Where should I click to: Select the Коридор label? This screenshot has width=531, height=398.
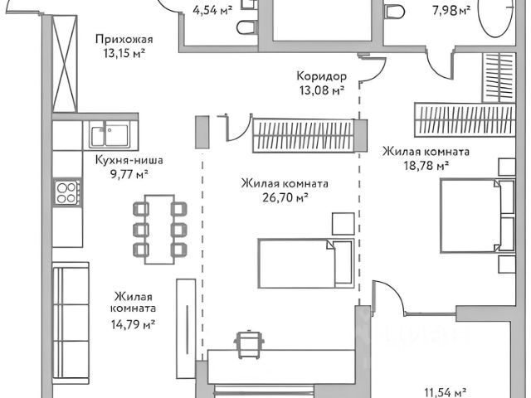coord(322,77)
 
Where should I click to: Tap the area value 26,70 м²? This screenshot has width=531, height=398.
coord(285,197)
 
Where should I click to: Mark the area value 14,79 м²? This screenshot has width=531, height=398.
coord(134,324)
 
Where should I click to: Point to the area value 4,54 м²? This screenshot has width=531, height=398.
coord(212,11)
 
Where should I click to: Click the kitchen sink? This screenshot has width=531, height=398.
coord(110,133)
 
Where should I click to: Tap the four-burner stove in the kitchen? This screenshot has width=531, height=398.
coord(66,193)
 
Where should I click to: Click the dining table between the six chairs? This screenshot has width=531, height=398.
coord(158,229)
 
